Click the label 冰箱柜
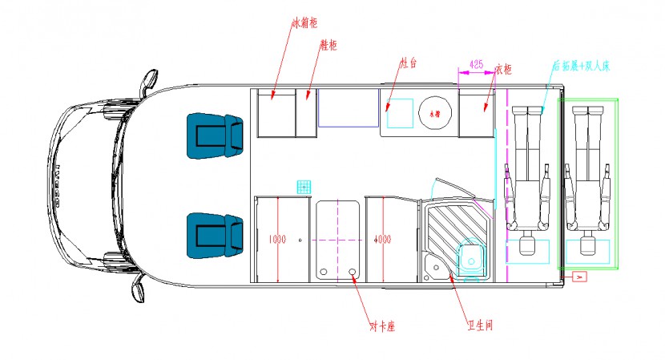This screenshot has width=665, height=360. point(304,23)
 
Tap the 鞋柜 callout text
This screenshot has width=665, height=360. point(327,46)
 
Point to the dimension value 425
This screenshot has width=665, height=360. point(476,63)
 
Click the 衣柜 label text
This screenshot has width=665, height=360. point(504,70)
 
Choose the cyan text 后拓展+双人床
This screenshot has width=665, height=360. point(581,67)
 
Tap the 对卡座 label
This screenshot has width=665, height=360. point(384,327)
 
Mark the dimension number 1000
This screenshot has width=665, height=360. point(276,239)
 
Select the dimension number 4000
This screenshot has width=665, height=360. point(382,239)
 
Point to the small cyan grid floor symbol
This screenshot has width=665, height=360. point(304,188)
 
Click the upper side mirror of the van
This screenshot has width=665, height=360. point(147,82)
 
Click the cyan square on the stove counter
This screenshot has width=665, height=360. point(401,114)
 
